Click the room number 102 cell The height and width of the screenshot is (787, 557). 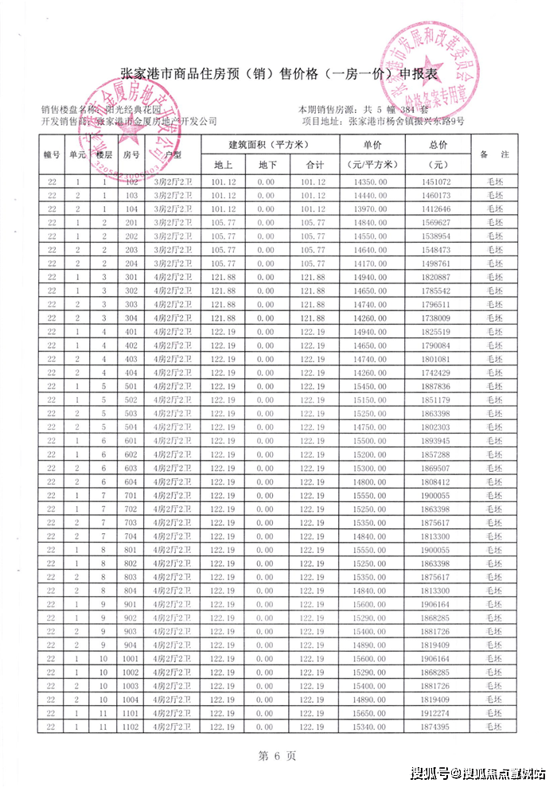click(132, 182)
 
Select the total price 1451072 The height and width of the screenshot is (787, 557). click(437, 182)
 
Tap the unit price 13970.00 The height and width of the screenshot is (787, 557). click(372, 209)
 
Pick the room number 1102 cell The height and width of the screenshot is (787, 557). click(132, 726)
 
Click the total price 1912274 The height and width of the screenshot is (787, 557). click(437, 712)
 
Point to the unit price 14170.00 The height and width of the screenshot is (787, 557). click(372, 263)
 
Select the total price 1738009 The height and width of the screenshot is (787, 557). click(437, 318)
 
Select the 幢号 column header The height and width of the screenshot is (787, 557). click(52, 155)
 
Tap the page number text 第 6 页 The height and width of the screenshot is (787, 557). click(278, 755)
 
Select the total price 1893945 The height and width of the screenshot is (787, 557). click(437, 440)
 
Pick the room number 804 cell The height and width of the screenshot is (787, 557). click(132, 590)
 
